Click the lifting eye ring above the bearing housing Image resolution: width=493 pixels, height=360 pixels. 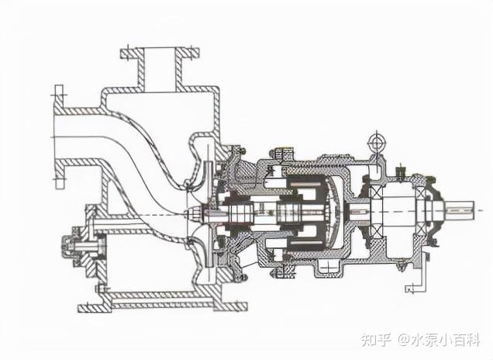pos(378,142)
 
